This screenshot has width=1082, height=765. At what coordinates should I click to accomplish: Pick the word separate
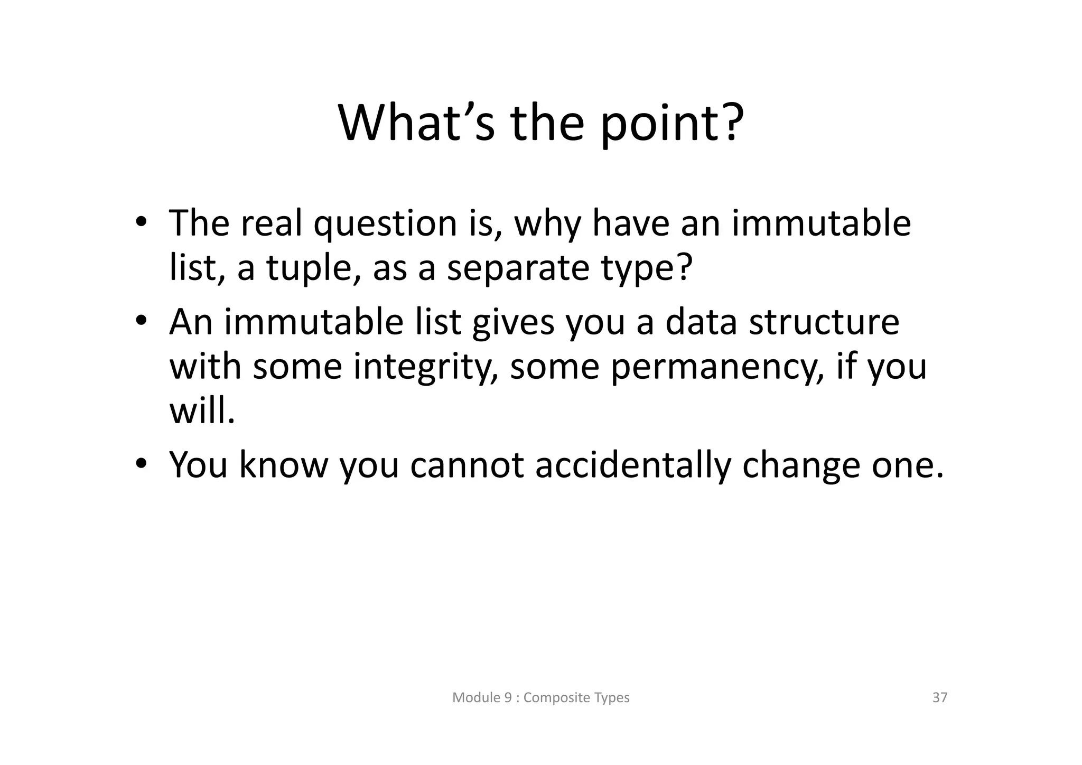click(x=518, y=269)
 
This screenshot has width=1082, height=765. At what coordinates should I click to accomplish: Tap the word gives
click(x=513, y=323)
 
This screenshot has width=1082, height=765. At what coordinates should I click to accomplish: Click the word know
click(x=283, y=465)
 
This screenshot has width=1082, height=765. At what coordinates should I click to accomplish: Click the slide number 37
click(x=940, y=697)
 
